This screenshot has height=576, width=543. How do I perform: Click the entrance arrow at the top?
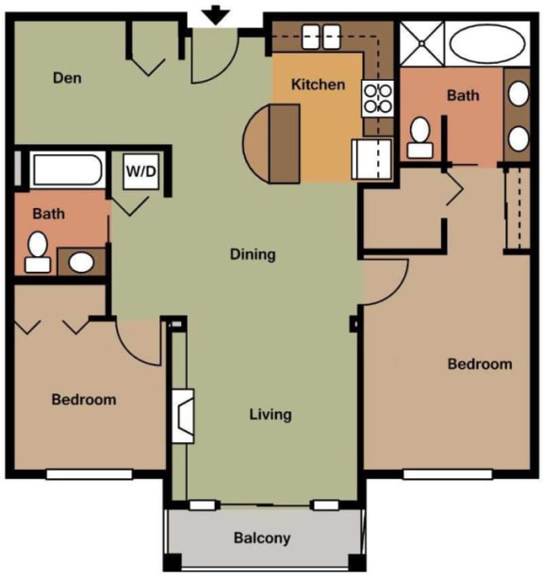(x=217, y=15)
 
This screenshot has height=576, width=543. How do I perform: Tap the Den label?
(x=66, y=77)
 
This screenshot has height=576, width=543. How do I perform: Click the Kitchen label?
(x=318, y=85)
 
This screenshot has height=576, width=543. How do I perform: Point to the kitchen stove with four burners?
(x=377, y=99)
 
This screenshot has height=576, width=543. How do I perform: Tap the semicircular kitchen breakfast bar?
(x=271, y=143)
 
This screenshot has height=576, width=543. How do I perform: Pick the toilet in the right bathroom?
(x=420, y=137)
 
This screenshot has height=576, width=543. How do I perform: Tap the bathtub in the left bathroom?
(x=66, y=170)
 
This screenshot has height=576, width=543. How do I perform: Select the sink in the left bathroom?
(x=82, y=262)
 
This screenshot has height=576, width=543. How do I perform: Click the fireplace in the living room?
(x=184, y=415)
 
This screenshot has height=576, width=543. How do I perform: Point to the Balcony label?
(x=262, y=538)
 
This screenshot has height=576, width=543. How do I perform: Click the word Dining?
(x=253, y=254)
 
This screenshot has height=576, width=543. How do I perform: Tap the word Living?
(x=271, y=414)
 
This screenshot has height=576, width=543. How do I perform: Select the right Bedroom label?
(x=479, y=364)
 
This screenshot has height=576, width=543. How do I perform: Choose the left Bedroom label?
(x=84, y=399)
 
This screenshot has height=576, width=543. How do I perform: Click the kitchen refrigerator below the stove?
(x=370, y=158)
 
